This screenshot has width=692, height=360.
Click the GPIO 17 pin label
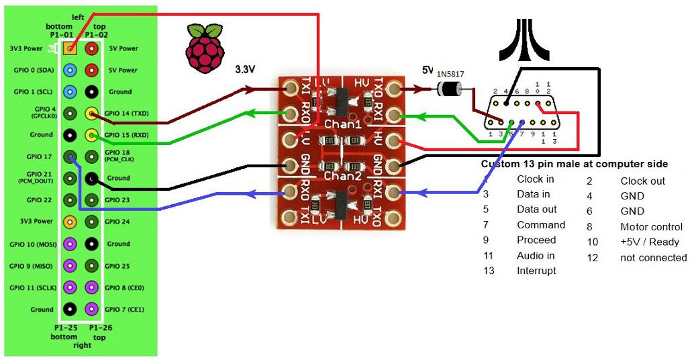(x=40, y=156)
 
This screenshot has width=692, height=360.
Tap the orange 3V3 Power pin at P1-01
(x=70, y=48)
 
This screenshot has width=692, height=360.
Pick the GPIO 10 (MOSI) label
(x=33, y=244)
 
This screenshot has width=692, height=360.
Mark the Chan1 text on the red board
(x=342, y=125)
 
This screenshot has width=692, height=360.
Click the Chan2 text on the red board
(x=342, y=176)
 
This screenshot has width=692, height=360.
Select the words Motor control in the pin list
(x=651, y=227)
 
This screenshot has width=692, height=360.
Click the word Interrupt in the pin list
(x=536, y=270)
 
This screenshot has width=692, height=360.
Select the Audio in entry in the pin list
(x=536, y=255)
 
